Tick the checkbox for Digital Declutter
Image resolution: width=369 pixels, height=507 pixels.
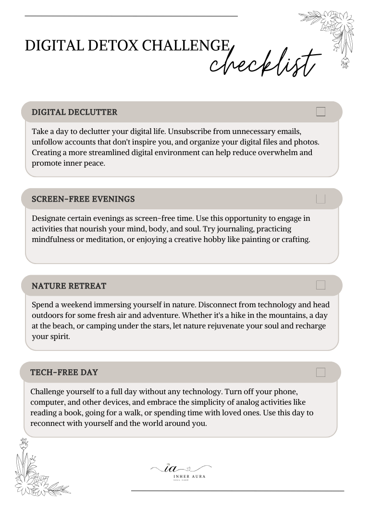(321, 112)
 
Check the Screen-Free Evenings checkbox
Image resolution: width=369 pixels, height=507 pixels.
(321, 199)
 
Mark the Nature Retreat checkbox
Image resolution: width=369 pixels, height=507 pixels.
(321, 285)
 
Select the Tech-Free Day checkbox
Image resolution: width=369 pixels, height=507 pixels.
(321, 372)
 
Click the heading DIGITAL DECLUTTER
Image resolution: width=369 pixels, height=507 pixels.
(74, 112)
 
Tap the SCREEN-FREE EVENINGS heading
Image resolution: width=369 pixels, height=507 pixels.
(83, 199)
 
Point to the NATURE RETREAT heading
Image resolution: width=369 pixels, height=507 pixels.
(69, 286)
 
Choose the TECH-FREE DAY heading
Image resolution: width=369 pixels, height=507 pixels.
(64, 373)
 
